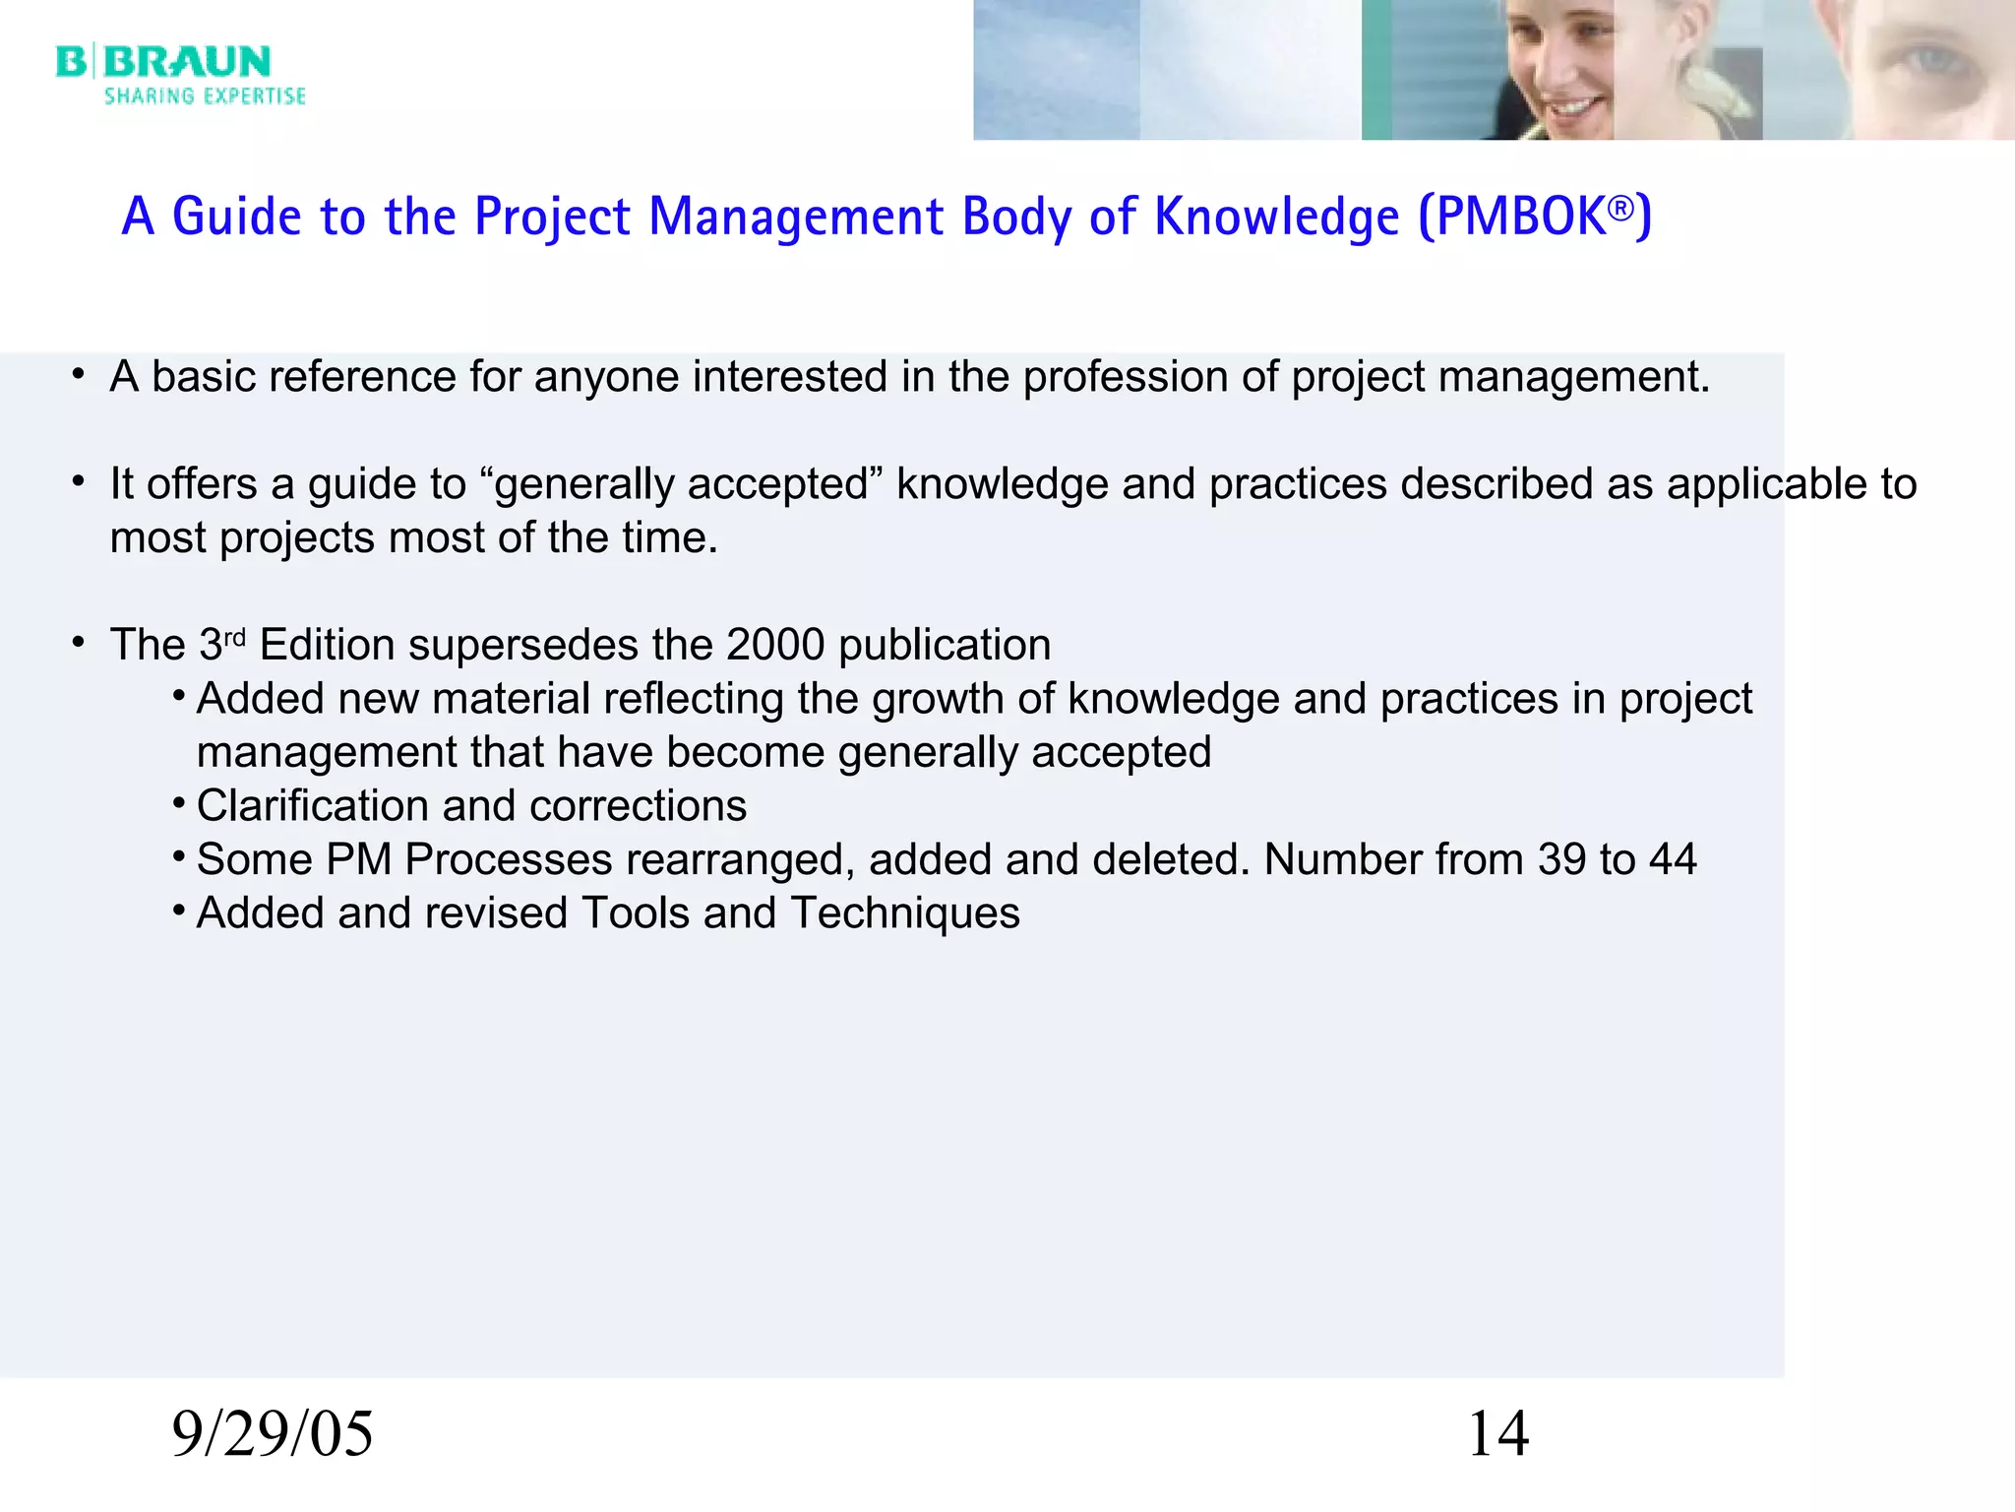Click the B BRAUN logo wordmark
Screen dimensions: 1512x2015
(163, 61)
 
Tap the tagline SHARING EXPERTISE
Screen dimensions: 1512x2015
(205, 96)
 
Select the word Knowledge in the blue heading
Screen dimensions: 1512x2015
(1276, 217)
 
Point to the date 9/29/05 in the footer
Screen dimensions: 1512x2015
(273, 1433)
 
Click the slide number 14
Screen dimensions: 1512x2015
(1497, 1433)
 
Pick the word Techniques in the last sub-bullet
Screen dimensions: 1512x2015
(905, 913)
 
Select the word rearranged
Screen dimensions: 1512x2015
(750, 860)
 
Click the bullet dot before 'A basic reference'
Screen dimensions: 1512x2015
(78, 375)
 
